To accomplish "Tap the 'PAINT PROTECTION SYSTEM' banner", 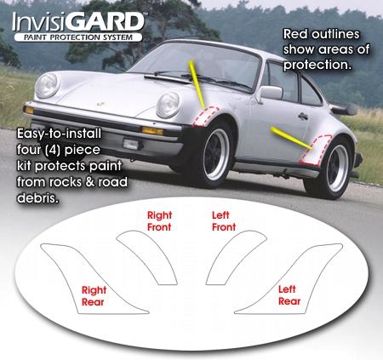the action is click(78, 37).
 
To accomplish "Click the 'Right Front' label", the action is click(159, 221).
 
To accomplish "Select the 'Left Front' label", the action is click(224, 221).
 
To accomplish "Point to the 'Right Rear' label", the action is click(94, 296).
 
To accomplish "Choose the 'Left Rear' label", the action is click(289, 295).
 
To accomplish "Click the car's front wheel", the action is click(216, 154).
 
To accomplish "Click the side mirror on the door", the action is click(271, 93).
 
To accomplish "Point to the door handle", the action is click(303, 116).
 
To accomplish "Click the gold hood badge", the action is click(100, 104).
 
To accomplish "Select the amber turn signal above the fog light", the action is click(153, 131).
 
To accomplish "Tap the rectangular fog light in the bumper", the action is click(131, 145).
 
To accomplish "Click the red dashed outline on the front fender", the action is click(205, 117).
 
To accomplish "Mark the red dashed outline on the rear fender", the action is click(316, 150).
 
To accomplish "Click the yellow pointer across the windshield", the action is click(197, 84).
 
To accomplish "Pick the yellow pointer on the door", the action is click(291, 138).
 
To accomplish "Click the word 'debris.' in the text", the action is click(37, 197).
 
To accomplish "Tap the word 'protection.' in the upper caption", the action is click(317, 65).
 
